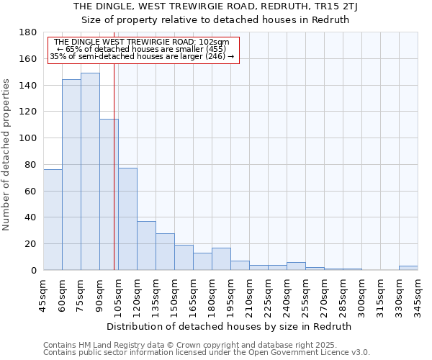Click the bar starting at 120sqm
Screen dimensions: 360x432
(146, 246)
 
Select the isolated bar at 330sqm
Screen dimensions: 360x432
(408, 268)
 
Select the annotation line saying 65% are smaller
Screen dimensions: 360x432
(142, 49)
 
